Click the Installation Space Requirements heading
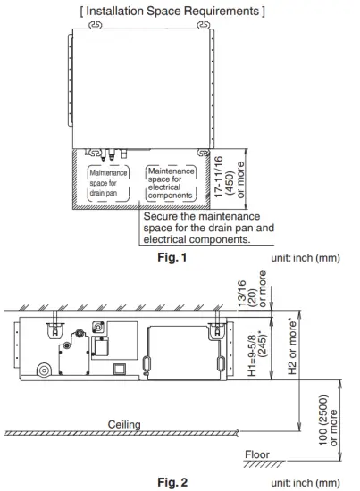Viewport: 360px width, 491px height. [172, 12]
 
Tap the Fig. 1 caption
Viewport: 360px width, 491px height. [172, 257]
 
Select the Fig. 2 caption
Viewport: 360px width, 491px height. [172, 482]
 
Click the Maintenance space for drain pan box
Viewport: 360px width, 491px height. [108, 183]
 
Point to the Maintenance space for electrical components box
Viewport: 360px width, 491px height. [171, 183]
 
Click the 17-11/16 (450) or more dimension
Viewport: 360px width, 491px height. [229, 177]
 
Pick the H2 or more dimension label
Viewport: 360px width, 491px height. [292, 346]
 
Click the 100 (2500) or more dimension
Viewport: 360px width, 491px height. [328, 420]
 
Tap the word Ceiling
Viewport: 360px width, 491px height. [124, 425]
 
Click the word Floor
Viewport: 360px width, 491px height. [257, 454]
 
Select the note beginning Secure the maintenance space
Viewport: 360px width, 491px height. [208, 228]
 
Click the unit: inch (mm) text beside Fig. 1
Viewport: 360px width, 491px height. [306, 258]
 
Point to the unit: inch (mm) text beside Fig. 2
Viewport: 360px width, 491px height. [306, 483]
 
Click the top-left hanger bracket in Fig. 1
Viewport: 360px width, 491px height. [96, 25]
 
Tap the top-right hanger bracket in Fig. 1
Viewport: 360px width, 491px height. [204, 25]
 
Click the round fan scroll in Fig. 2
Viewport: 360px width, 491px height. [44, 370]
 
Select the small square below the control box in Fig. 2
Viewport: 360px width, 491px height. [120, 369]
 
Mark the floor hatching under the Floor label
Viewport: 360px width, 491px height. [264, 464]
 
